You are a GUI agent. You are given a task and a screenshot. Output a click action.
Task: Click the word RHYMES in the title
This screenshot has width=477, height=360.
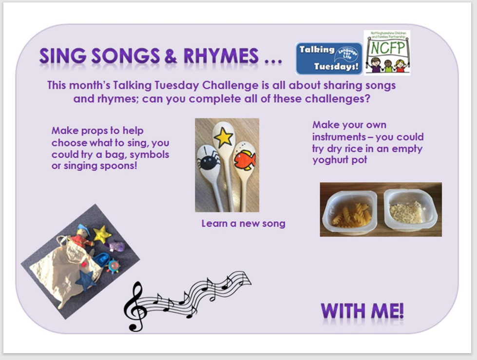tap(221, 56)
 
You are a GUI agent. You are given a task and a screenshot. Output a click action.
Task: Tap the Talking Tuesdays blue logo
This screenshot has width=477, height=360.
tap(329, 58)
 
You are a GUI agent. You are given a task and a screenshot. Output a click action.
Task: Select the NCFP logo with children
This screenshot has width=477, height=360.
tap(387, 52)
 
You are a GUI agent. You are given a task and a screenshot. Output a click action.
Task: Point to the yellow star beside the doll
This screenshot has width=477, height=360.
tap(102, 234)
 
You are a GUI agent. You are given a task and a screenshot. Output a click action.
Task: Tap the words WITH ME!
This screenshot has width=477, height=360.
tap(363, 311)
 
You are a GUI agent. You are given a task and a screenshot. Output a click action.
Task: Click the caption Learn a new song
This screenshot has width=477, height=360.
tap(243, 224)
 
